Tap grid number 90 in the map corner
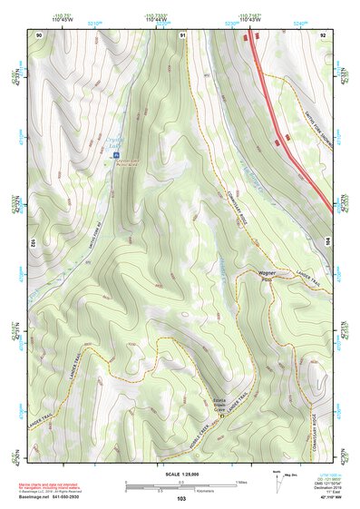click(39, 34)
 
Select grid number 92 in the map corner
click(323, 34)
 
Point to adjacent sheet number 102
click(32, 244)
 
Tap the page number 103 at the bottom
click(180, 499)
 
